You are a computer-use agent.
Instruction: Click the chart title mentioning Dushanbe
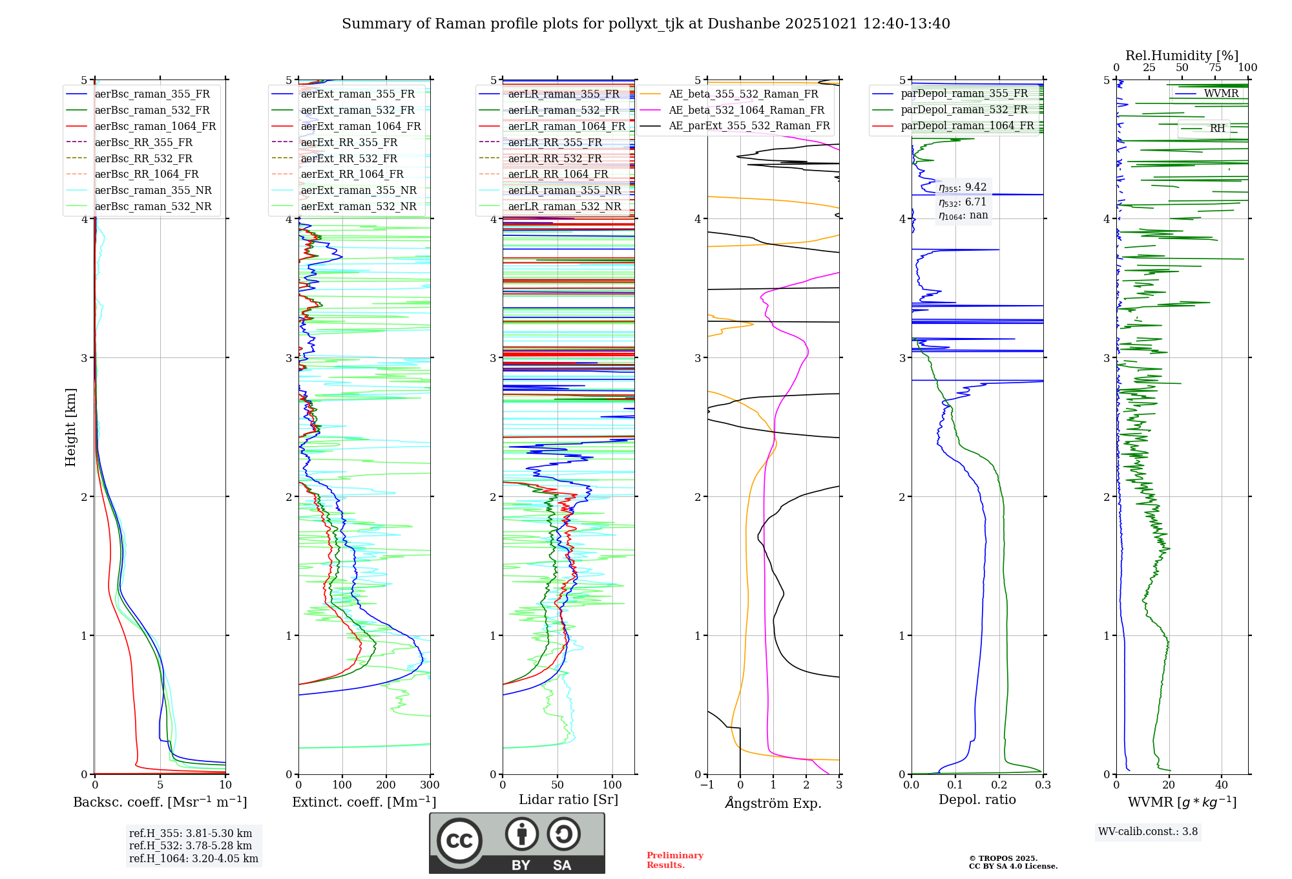click(x=646, y=24)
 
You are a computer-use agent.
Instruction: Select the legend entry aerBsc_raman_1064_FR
click(x=155, y=126)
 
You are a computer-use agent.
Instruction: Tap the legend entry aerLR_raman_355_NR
click(x=564, y=190)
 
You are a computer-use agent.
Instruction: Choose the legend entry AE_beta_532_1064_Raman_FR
click(x=746, y=110)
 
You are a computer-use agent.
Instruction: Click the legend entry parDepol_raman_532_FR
click(x=964, y=109)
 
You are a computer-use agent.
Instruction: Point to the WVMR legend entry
click(x=1221, y=94)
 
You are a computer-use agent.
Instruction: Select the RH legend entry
click(x=1217, y=128)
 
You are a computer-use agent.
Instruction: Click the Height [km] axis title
click(x=70, y=427)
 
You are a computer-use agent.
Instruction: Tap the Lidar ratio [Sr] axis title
click(x=568, y=800)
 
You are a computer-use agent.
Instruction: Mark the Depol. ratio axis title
click(x=977, y=800)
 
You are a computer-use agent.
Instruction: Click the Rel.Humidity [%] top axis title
click(x=1182, y=56)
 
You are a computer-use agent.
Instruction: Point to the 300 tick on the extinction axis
click(x=430, y=785)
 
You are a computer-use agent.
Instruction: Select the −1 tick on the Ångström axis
click(x=707, y=785)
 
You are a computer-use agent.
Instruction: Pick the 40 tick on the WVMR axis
click(x=1222, y=785)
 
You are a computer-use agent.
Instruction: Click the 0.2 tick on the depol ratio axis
click(x=999, y=785)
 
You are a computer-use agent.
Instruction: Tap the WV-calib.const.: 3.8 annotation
click(x=1148, y=831)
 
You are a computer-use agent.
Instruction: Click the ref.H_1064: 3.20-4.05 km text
click(x=194, y=858)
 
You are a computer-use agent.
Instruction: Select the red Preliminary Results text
click(x=674, y=860)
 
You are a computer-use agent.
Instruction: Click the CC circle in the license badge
click(x=459, y=841)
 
